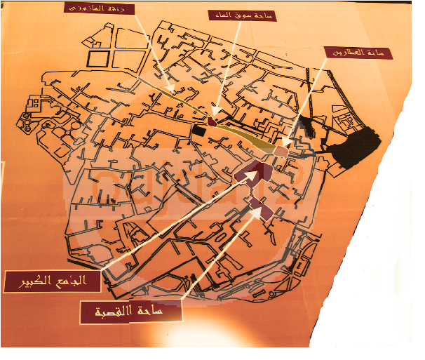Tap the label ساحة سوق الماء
[242, 14]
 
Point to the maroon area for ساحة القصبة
[260, 208]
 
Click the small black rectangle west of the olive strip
[198, 130]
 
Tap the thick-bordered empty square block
[98, 59]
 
